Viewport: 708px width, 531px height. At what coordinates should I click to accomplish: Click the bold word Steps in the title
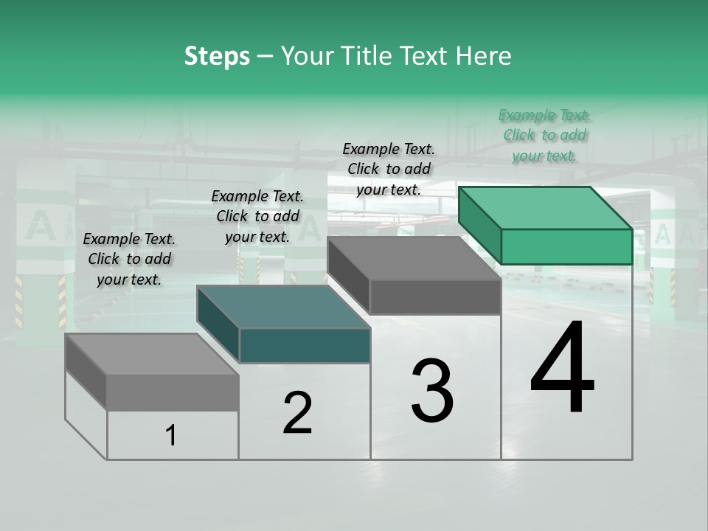point(217,56)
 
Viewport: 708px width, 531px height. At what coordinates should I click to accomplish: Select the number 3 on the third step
point(431,390)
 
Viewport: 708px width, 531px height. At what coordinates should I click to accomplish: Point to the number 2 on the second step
point(297,412)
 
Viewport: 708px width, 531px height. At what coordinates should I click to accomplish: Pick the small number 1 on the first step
point(171,435)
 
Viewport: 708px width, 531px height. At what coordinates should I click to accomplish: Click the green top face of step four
point(546,207)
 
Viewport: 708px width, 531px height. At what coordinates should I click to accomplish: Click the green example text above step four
point(544,135)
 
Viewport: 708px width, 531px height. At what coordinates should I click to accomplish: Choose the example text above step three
point(389,169)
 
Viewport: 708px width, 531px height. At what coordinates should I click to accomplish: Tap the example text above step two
point(257,216)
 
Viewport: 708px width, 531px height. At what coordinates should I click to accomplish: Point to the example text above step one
point(129,259)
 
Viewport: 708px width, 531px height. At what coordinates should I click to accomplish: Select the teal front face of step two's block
point(305,345)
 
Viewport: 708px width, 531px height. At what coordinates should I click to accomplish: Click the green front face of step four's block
point(566,246)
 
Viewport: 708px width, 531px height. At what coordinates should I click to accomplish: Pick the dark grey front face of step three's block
point(435,296)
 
